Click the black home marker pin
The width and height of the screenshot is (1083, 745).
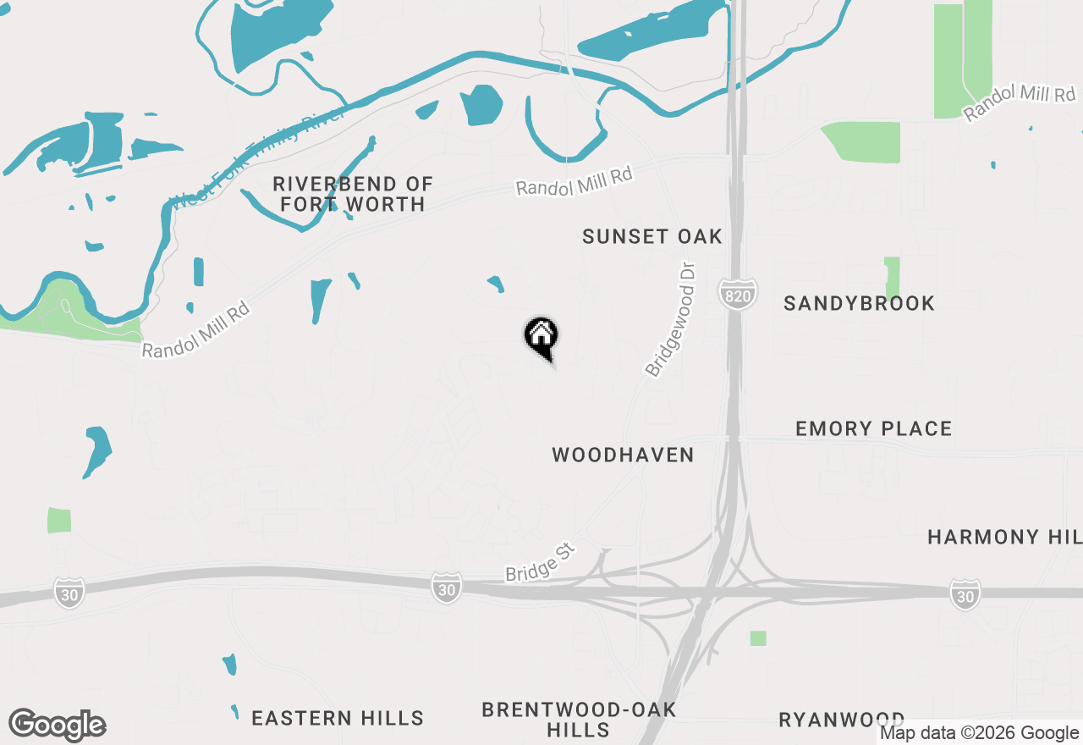(x=541, y=337)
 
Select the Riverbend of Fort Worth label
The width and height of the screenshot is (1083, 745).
(x=353, y=194)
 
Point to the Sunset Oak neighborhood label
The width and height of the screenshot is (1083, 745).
(x=652, y=237)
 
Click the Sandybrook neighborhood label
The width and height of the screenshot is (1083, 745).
(x=859, y=304)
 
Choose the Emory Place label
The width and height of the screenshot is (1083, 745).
(x=873, y=429)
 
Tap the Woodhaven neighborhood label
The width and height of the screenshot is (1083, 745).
(x=623, y=455)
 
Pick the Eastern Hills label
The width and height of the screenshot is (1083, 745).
(x=338, y=719)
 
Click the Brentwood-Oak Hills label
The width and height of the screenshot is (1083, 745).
(x=579, y=719)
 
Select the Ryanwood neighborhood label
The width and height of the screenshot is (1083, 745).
(x=841, y=720)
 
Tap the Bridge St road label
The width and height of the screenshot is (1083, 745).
(x=540, y=563)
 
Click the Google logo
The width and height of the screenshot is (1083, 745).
(x=57, y=726)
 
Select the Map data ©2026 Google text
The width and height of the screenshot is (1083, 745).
(x=979, y=733)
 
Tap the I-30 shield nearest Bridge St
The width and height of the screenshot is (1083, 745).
(x=446, y=588)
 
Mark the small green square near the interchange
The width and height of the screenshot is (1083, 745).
(x=758, y=638)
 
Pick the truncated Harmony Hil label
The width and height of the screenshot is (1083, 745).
(x=1004, y=538)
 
